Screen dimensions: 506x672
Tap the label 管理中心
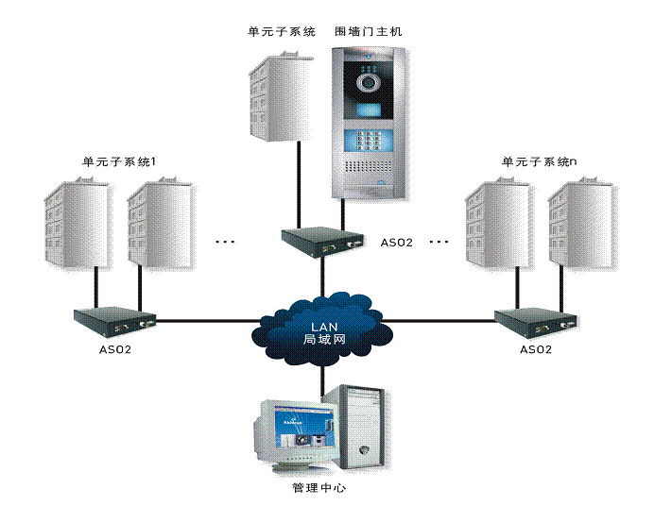coord(319,488)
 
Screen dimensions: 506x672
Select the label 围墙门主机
coord(369,31)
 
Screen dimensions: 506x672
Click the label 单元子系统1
coord(118,162)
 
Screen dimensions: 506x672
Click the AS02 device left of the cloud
coord(114,321)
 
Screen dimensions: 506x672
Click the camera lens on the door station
coord(368,83)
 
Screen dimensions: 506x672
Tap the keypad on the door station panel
coord(368,142)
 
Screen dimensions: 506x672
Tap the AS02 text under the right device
coord(535,349)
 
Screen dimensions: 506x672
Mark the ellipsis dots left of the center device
coord(225,243)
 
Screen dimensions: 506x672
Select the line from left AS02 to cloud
coord(203,321)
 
